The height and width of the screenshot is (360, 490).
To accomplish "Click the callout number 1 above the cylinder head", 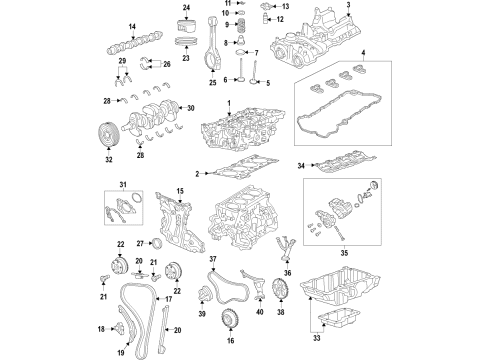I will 228,104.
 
